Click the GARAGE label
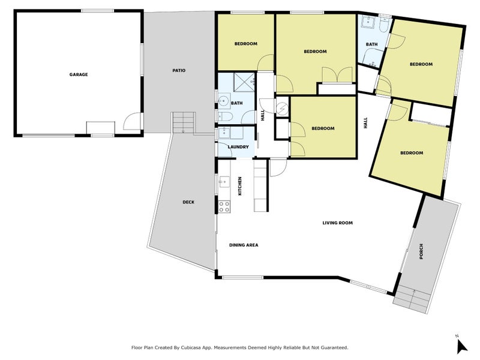[x=78, y=74]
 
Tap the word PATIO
[x=179, y=70]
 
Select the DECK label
[x=188, y=202]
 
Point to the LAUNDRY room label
[x=237, y=147]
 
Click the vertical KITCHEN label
[x=240, y=186]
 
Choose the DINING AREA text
[x=243, y=245]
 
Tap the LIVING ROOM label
[x=337, y=223]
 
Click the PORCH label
[x=422, y=253]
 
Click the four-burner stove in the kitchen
[x=224, y=206]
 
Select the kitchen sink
[x=223, y=181]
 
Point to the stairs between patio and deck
[x=184, y=123]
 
